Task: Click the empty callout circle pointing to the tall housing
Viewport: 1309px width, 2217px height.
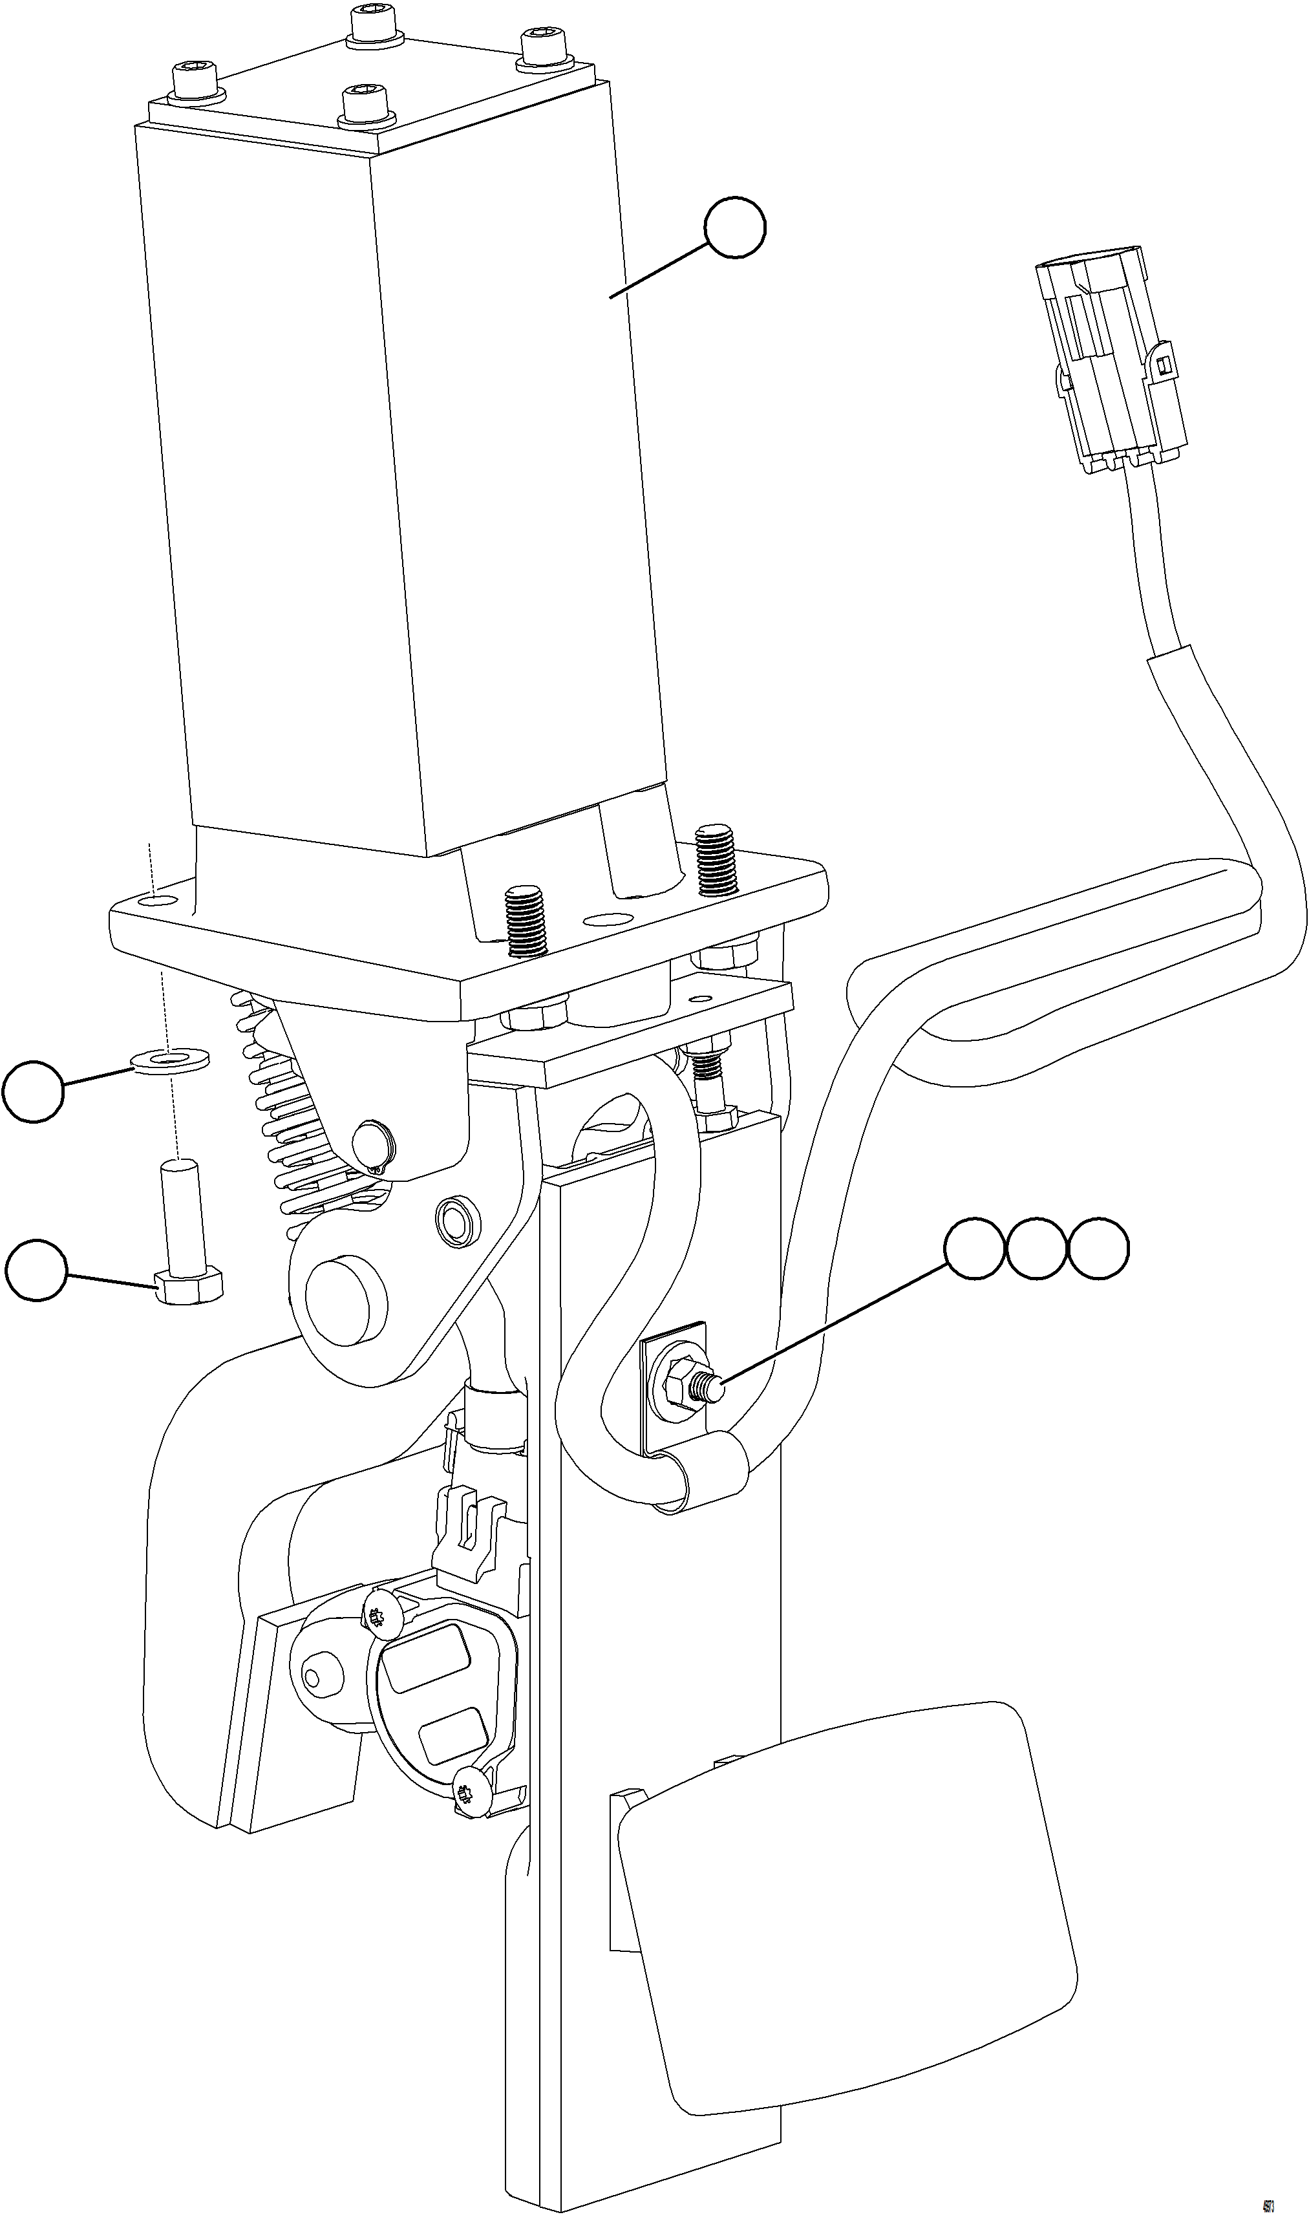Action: coord(736,228)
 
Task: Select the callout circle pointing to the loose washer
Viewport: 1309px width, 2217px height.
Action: coord(34,1092)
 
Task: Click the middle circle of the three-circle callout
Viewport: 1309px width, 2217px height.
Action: coord(1036,1248)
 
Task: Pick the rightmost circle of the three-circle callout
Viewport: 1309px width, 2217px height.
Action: coord(1098,1248)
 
